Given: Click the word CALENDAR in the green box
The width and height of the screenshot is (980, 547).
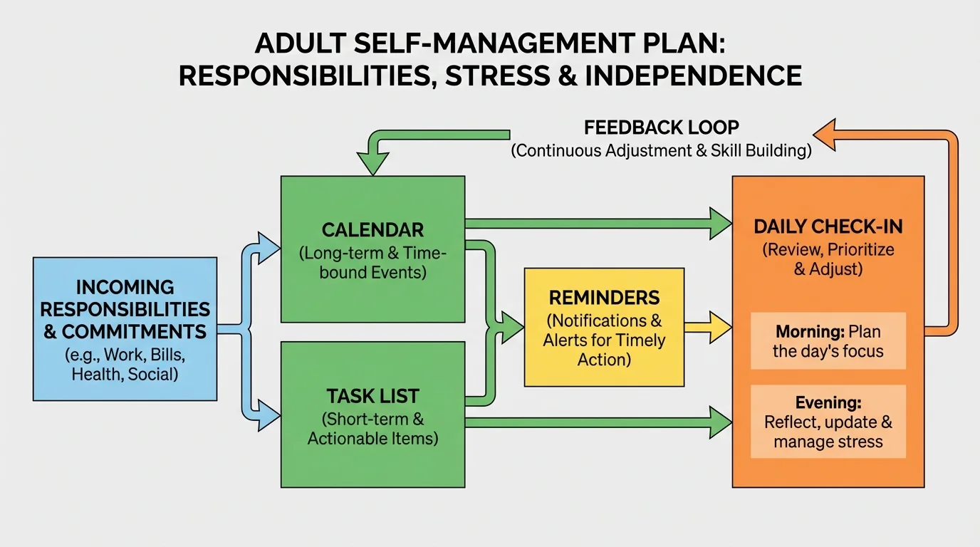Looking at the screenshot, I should pyautogui.click(x=372, y=230).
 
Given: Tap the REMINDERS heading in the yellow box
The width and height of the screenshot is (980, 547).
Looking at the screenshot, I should pyautogui.click(x=604, y=297).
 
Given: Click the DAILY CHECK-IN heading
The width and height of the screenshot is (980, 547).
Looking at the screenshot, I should pyautogui.click(x=828, y=226).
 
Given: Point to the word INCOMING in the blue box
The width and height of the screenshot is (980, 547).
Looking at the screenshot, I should pyautogui.click(x=125, y=287).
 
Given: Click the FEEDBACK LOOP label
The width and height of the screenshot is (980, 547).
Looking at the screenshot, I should pyautogui.click(x=661, y=127).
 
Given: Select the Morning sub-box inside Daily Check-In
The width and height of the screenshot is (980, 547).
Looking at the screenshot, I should pyautogui.click(x=828, y=341).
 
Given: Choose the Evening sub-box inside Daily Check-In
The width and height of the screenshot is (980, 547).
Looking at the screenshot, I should pyautogui.click(x=828, y=422).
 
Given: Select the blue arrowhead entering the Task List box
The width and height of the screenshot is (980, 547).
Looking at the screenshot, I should pyautogui.click(x=269, y=415).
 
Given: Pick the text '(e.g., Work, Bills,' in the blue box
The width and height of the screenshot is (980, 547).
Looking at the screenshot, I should pyautogui.click(x=125, y=355).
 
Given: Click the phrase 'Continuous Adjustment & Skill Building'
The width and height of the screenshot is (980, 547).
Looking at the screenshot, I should pyautogui.click(x=661, y=151).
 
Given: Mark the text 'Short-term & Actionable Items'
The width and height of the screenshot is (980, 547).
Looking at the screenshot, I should pyautogui.click(x=372, y=428).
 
